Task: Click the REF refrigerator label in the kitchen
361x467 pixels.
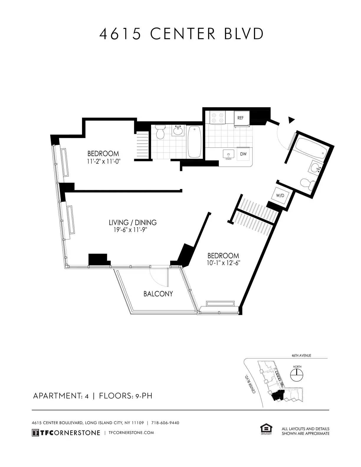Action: click(240, 118)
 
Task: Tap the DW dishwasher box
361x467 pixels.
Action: click(243, 154)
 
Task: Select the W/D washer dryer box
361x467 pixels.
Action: click(280, 195)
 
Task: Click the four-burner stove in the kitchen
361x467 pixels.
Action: click(217, 118)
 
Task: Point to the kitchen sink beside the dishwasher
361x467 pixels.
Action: click(228, 154)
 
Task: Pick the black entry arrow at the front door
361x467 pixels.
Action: click(291, 120)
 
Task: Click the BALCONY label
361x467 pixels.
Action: click(158, 294)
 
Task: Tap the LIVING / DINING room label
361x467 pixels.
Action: click(132, 222)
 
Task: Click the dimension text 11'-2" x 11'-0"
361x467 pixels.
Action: click(104, 161)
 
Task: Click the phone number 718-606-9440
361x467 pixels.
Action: click(165, 423)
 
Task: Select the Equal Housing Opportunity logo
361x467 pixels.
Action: click(266, 429)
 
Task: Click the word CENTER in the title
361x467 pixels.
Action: click(183, 34)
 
